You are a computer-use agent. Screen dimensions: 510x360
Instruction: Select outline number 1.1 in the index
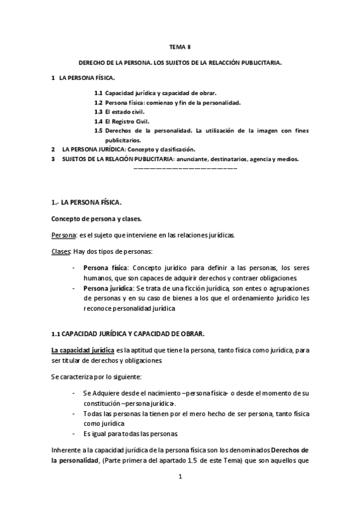[98, 93]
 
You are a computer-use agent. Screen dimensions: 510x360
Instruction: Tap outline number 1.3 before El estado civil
[98, 112]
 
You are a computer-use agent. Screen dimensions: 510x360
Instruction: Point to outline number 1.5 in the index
[98, 131]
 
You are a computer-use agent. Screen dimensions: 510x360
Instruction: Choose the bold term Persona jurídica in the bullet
[108, 289]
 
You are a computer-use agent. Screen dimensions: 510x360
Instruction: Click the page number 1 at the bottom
[180, 477]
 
